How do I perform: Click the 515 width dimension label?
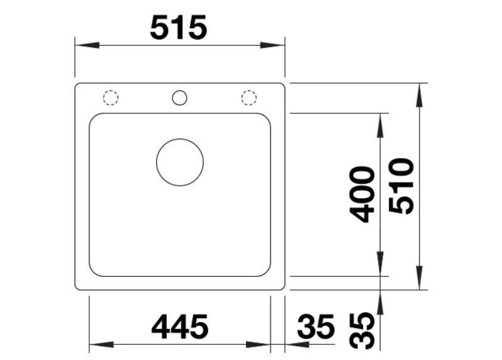pyautogui.click(x=178, y=28)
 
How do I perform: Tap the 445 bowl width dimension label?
pyautogui.click(x=180, y=327)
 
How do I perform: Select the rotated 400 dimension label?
pyautogui.click(x=362, y=194)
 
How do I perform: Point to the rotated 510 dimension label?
pyautogui.click(x=401, y=186)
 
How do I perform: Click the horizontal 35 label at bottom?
pyautogui.click(x=316, y=327)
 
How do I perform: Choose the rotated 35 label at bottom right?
pyautogui.click(x=362, y=331)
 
